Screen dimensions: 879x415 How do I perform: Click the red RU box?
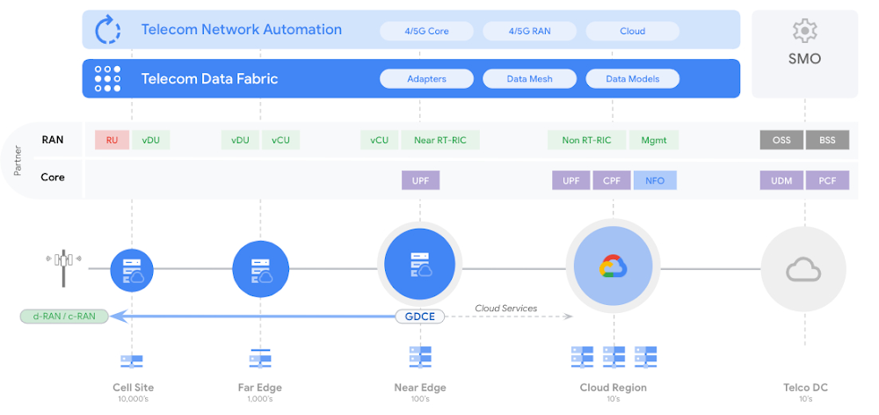(x=113, y=140)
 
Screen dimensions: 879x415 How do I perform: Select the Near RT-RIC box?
(x=440, y=140)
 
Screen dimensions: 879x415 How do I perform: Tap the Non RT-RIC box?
(x=586, y=140)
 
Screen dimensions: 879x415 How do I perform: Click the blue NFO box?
(x=655, y=180)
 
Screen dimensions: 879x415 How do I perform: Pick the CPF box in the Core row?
(x=612, y=180)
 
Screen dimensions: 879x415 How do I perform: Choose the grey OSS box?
(x=781, y=140)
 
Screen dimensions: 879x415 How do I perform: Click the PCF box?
(x=827, y=180)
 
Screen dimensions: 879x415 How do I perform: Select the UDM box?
(x=781, y=180)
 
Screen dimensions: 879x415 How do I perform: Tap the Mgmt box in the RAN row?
(x=654, y=140)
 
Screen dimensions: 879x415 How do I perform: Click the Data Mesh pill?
(x=529, y=79)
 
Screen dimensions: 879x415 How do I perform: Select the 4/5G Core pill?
(x=426, y=32)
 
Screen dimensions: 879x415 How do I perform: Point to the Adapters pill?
(x=426, y=79)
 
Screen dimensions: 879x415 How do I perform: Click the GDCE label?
(x=420, y=317)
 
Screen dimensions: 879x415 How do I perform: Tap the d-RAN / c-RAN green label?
(x=64, y=317)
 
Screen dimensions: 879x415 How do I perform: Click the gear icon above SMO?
(x=804, y=31)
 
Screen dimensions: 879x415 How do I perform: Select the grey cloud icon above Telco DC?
(x=804, y=270)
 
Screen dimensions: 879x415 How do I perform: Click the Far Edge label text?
(x=259, y=388)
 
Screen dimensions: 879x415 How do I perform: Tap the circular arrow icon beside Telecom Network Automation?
(x=107, y=30)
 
